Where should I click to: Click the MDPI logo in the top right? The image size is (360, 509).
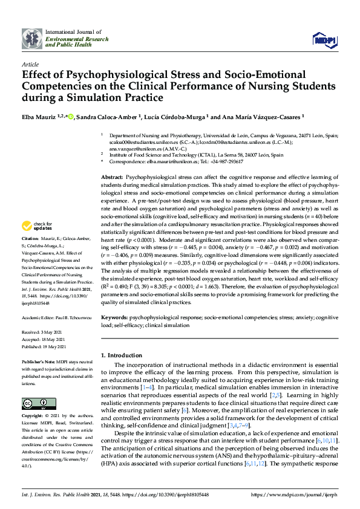(x=324, y=40)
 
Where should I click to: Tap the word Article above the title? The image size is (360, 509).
(x=30, y=64)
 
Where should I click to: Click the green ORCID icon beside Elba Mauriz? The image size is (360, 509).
(x=71, y=117)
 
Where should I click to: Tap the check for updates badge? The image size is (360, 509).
(x=38, y=226)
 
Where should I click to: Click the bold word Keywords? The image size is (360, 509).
(x=114, y=317)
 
